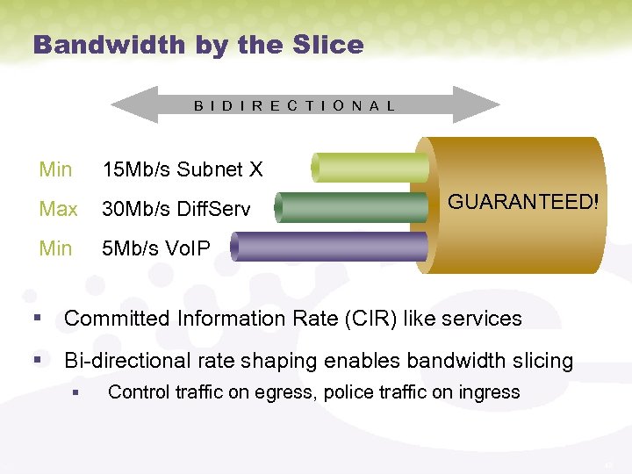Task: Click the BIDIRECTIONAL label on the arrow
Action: (295, 105)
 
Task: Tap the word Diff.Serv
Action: (212, 209)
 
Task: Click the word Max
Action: (58, 209)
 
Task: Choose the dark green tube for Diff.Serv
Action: (351, 207)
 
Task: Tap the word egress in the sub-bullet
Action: (286, 392)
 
